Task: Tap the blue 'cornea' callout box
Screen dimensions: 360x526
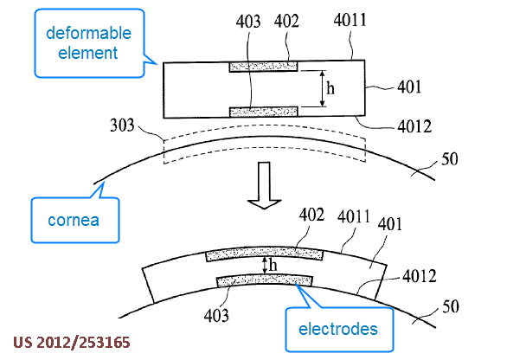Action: click(74, 218)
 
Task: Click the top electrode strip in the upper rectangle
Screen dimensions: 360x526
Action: click(263, 67)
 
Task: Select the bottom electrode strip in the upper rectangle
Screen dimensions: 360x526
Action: click(263, 111)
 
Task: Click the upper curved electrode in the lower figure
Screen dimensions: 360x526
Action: click(265, 254)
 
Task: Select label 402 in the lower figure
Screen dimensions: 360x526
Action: click(313, 213)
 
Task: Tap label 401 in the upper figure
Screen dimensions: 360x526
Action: click(409, 87)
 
